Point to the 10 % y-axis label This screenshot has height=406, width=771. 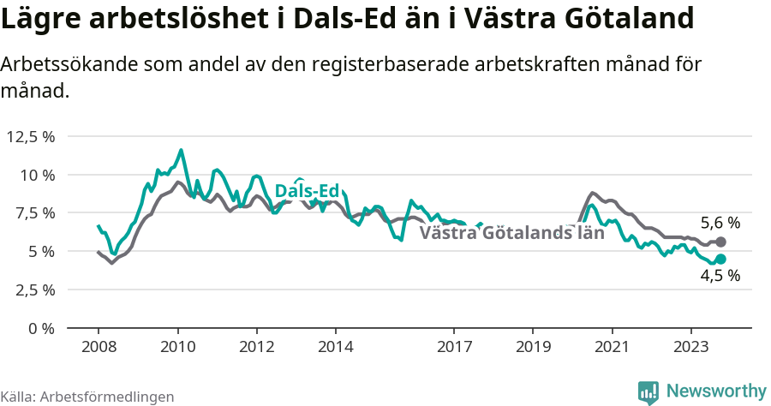click(x=37, y=175)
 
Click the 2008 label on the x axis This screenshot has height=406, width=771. click(x=99, y=347)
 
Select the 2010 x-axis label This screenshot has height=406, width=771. click(x=177, y=347)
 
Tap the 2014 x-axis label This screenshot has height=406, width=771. click(x=335, y=347)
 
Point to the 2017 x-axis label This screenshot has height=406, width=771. click(x=454, y=347)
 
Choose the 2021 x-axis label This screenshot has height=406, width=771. click(x=613, y=347)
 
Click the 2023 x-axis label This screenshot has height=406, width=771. click(x=691, y=347)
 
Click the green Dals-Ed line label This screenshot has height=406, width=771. click(x=307, y=191)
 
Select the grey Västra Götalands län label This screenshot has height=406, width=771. click(x=512, y=232)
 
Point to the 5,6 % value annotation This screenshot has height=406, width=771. click(x=720, y=223)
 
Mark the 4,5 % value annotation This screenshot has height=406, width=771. click(x=720, y=276)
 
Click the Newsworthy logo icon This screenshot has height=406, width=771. click(x=648, y=391)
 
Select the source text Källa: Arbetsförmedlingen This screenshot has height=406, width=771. click(x=87, y=397)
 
